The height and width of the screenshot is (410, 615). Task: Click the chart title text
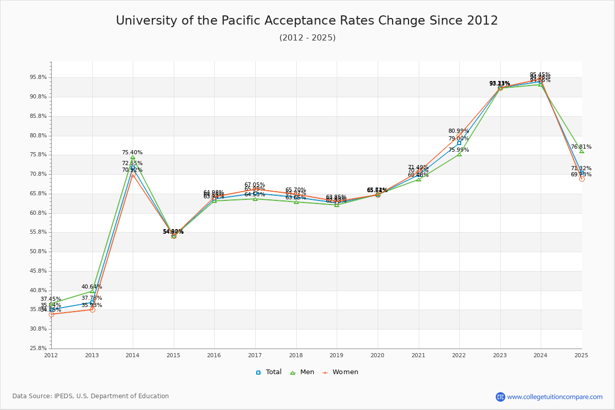(x=306, y=21)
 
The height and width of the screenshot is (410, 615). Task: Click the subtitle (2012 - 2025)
(x=307, y=38)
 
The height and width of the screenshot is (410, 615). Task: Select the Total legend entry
(x=269, y=372)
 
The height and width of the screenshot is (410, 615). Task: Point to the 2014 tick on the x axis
(x=133, y=355)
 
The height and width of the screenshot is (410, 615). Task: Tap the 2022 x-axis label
(x=459, y=355)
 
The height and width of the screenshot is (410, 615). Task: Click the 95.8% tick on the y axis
(x=39, y=77)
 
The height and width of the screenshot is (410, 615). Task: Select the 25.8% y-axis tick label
(x=39, y=348)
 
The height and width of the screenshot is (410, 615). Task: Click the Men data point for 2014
(x=133, y=157)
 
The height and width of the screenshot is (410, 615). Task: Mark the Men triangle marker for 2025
(x=582, y=151)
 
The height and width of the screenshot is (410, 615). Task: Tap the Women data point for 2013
(x=92, y=310)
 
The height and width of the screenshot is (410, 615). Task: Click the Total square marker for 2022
(x=459, y=143)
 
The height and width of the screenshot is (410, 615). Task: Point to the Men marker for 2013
(x=92, y=291)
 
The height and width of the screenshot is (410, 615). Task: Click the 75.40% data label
(x=132, y=152)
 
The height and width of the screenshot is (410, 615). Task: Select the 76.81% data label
(x=581, y=147)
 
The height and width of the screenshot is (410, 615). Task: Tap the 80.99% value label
(x=459, y=131)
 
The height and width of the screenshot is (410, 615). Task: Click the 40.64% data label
(x=92, y=286)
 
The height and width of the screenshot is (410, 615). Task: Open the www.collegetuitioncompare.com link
(x=555, y=397)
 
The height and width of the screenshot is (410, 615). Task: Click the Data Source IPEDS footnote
(x=91, y=396)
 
